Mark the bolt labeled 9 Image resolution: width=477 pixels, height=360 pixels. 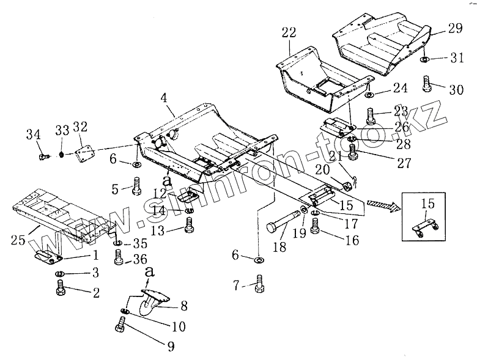tap(120, 329)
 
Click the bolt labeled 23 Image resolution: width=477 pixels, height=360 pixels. tap(371, 114)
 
